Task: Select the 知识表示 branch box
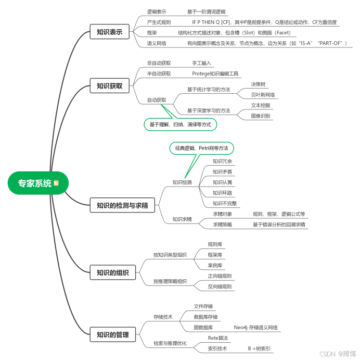pos(109,32)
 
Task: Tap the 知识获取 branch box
pos(109,86)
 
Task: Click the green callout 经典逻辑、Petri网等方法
pos(201,148)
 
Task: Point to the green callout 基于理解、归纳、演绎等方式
pos(180,125)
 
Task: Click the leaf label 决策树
pos(259,84)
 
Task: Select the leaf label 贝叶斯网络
pos(263,95)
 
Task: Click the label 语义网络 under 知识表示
pos(157,43)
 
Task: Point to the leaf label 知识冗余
pos(222,161)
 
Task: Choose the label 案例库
pos(215,266)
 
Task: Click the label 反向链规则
pos(220,287)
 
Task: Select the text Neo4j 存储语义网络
pos(255,328)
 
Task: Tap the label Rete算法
pos(217,338)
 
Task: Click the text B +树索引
pos(259,348)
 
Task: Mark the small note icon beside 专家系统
pos(56,183)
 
